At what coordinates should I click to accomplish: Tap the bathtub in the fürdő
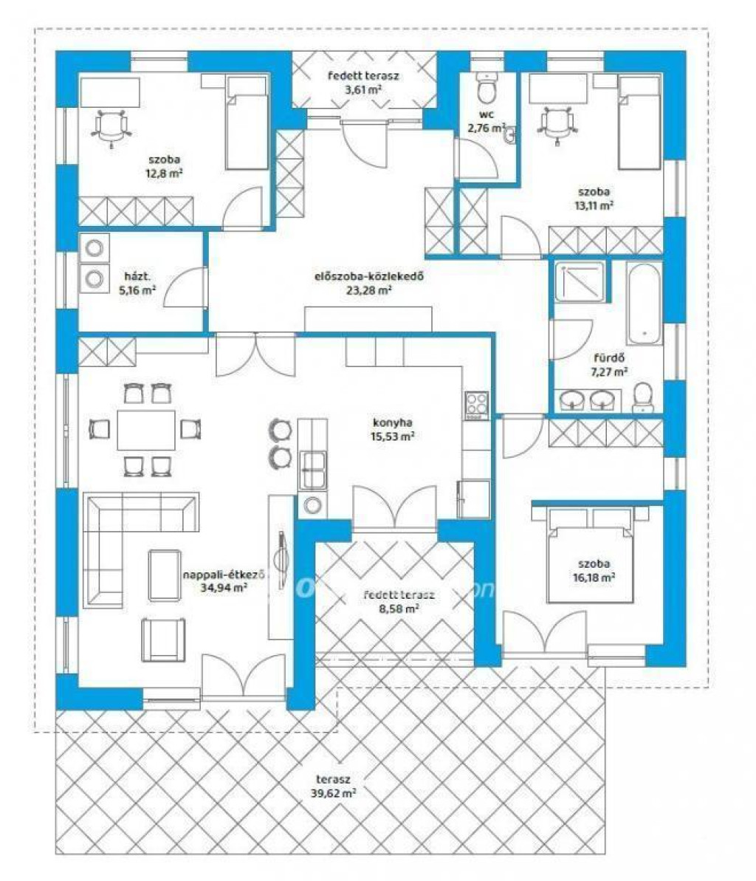[x=644, y=304]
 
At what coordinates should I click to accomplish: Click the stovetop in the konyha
[x=477, y=405]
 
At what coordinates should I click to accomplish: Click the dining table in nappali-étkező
[x=146, y=430]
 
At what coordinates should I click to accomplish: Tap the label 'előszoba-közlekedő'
[x=368, y=276]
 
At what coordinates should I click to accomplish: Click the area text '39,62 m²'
[x=333, y=793]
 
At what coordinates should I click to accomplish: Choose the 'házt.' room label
[x=137, y=276]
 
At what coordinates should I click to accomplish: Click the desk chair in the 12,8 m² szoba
[x=111, y=128]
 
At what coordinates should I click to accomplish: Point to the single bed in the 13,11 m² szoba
[x=639, y=123]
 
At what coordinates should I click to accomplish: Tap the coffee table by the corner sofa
[x=165, y=575]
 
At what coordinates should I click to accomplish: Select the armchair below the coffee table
[x=163, y=639]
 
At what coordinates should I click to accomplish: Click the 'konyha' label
[x=393, y=422]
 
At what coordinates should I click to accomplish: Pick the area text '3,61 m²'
[x=363, y=89]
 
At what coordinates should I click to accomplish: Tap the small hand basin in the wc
[x=509, y=135]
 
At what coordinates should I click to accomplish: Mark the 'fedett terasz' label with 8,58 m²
[x=399, y=595]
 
